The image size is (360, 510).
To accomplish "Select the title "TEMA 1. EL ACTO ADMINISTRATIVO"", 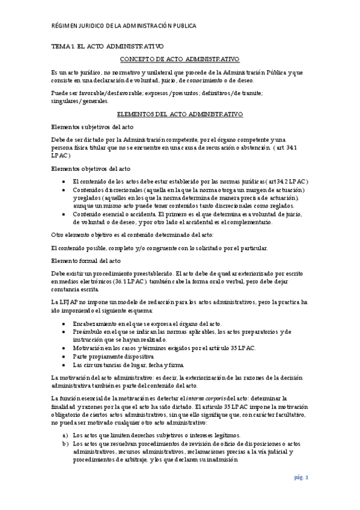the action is point(107,46).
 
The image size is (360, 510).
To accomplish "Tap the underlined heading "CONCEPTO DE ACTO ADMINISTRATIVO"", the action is point(180,59).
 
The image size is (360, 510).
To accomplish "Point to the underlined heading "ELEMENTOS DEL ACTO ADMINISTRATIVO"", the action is point(180,113).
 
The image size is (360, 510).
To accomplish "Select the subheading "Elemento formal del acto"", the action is point(86,260).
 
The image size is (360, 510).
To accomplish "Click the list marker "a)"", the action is point(66,435).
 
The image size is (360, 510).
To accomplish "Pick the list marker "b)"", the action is point(66,443).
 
